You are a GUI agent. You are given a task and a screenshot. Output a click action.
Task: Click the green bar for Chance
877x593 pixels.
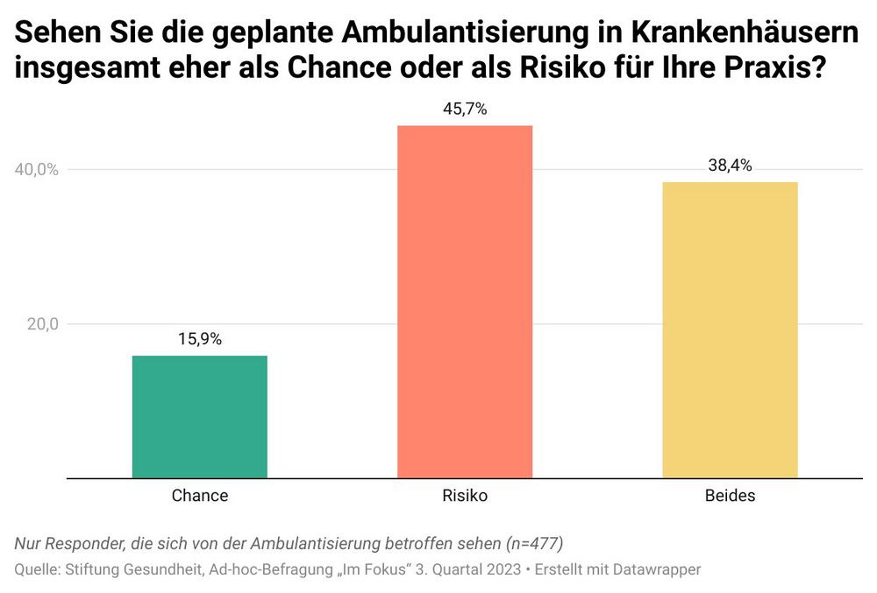click(200, 417)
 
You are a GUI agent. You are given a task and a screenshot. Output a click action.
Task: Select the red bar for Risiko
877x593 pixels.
click(465, 302)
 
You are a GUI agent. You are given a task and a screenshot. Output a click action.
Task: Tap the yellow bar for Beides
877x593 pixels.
click(730, 330)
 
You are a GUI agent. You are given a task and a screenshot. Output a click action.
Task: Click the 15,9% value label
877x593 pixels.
click(200, 340)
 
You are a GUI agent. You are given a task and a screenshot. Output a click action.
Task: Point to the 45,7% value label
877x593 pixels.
click(465, 109)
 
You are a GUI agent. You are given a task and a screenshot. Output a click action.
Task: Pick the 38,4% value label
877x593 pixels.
click(730, 166)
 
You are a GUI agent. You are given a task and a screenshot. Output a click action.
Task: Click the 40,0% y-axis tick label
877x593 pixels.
click(37, 170)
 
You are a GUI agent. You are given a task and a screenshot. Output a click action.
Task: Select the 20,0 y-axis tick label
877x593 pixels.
click(40, 324)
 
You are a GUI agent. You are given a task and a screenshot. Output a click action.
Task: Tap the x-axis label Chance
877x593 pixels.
click(200, 496)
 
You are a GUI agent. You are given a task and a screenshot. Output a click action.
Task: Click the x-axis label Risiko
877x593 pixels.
click(465, 496)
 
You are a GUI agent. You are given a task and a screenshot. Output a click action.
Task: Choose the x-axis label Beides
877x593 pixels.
click(730, 496)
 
